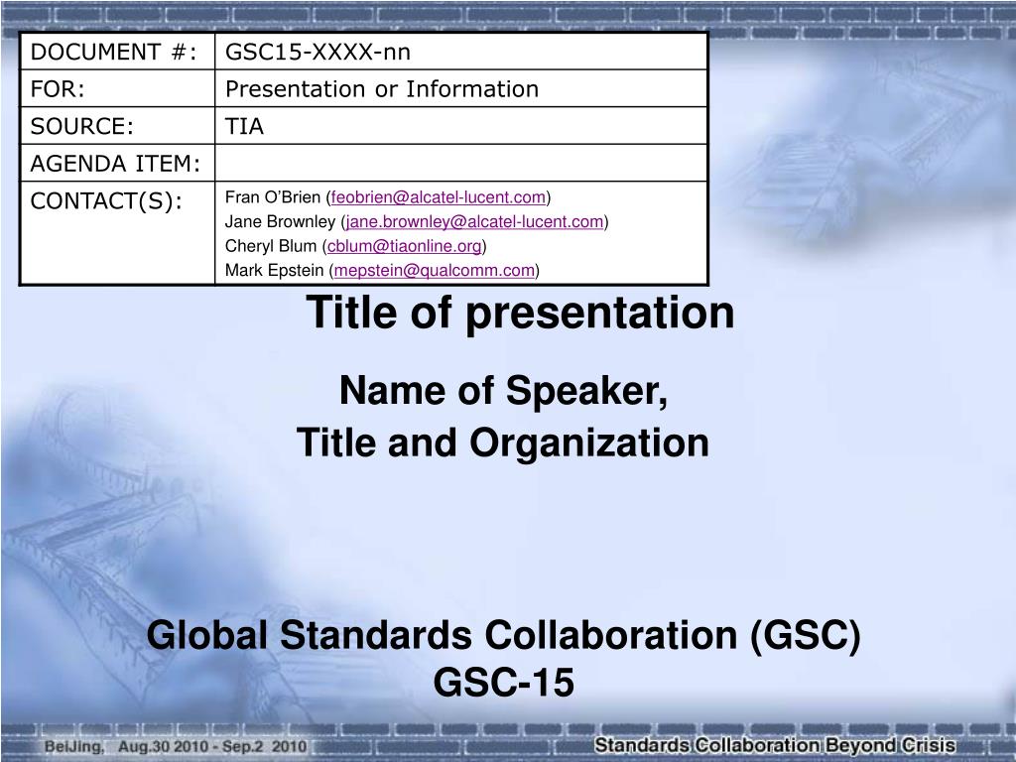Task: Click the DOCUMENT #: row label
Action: [112, 52]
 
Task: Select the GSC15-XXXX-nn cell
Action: [317, 52]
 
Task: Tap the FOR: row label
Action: [58, 89]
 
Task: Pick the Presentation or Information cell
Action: [382, 89]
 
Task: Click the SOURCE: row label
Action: [82, 126]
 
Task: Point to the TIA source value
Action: [244, 126]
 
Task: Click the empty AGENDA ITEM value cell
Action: [461, 163]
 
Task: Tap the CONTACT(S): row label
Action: [106, 200]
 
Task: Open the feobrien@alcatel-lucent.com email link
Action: [440, 196]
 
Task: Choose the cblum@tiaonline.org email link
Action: [405, 246]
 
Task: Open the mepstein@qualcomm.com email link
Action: [435, 270]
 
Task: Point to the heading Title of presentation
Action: [520, 313]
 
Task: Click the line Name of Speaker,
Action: [504, 393]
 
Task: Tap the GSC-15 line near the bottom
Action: [504, 683]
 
